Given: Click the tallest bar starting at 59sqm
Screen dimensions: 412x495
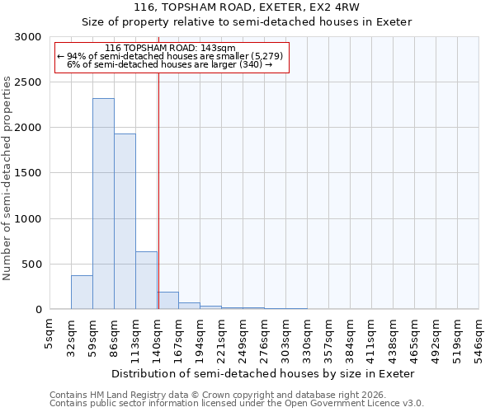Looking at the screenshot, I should tap(103, 204).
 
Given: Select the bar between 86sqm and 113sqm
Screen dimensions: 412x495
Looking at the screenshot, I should tap(125, 221).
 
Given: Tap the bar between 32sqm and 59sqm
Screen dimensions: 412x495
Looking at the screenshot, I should tap(82, 293).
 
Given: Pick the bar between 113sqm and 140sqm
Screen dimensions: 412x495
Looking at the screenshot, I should tap(146, 280).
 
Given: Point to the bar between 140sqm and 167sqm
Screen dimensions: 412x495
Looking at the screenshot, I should tap(168, 301).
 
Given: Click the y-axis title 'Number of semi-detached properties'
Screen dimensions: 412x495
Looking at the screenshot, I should tap(7, 178).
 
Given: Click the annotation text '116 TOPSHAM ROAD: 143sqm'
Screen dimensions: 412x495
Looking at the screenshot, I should tap(171, 49).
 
